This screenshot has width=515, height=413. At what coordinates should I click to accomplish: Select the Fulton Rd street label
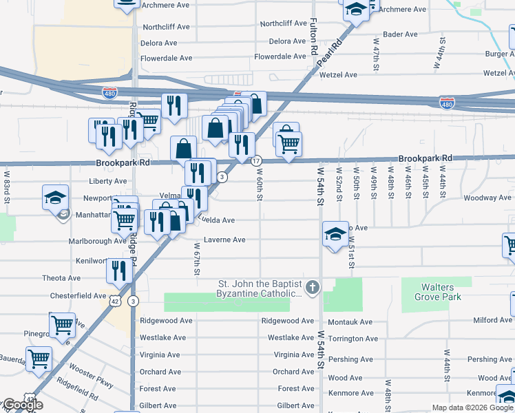tap(313, 37)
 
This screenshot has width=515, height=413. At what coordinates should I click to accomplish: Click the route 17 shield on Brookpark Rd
tap(256, 160)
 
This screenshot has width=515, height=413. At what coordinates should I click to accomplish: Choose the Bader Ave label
tap(400, 34)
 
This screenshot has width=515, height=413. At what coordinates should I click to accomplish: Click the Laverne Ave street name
tap(220, 240)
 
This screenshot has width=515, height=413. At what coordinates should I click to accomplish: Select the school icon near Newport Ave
tap(55, 198)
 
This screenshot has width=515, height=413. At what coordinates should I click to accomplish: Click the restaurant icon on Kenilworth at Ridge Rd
tap(118, 271)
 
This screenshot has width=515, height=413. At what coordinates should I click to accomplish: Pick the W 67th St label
tap(197, 259)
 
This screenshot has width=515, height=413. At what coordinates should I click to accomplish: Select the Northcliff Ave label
tap(166, 27)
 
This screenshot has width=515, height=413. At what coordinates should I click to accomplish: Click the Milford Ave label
tap(492, 319)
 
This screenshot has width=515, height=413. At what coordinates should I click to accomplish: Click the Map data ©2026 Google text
tap(472, 407)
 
